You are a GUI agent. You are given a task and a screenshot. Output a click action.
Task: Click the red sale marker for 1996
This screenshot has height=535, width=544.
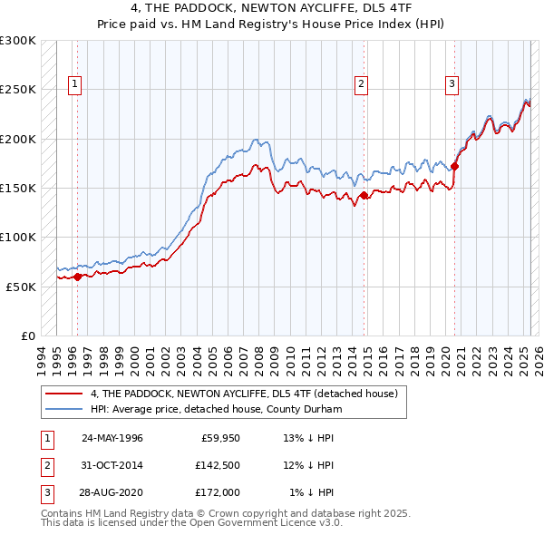pyautogui.click(x=78, y=277)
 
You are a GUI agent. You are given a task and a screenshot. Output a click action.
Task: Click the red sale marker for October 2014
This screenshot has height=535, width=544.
pyautogui.click(x=364, y=195)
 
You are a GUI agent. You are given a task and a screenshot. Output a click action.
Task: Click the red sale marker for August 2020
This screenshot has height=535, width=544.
pyautogui.click(x=455, y=166)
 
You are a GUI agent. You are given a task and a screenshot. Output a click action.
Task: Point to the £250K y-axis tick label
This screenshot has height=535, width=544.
pyautogui.click(x=18, y=90)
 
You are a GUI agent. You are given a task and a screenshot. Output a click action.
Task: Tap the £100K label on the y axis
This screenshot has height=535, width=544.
pyautogui.click(x=18, y=237)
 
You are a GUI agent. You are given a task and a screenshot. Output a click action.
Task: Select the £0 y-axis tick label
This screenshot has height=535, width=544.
pyautogui.click(x=27, y=336)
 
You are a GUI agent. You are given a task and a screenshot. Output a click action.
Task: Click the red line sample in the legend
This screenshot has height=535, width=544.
pyautogui.click(x=63, y=393)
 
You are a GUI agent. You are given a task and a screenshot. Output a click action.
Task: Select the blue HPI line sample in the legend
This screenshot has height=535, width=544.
pyautogui.click(x=63, y=408)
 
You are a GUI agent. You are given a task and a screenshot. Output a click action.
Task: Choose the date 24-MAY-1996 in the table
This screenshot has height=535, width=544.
pyautogui.click(x=112, y=437)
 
